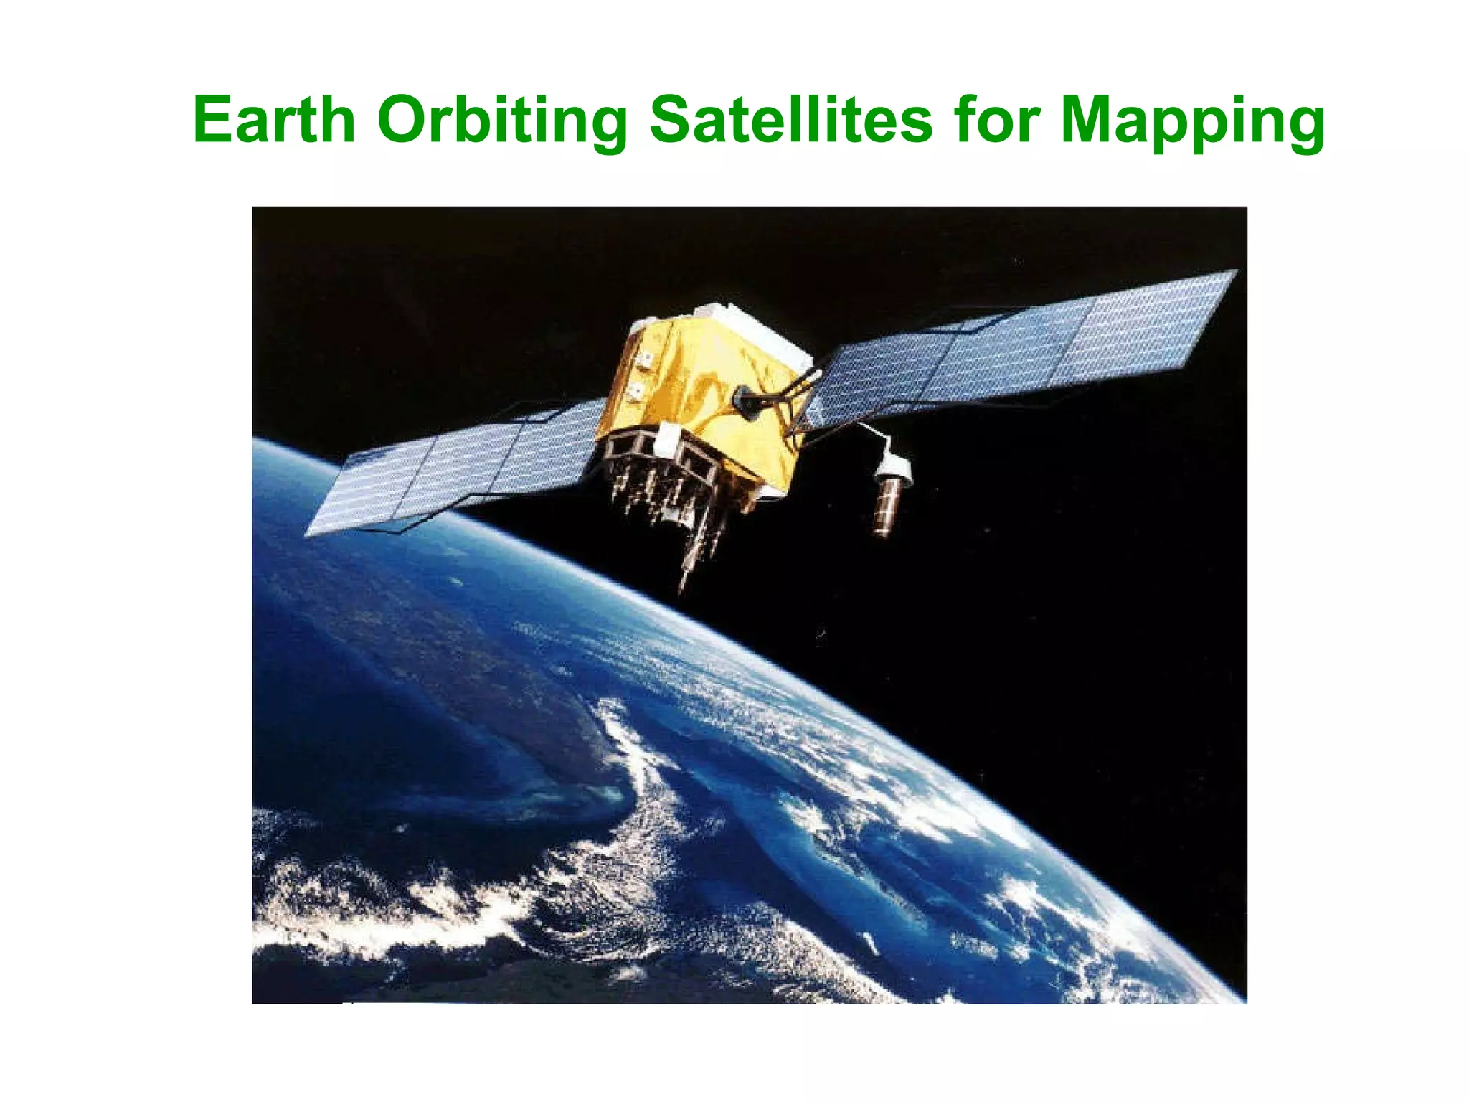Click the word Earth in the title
pyautogui.click(x=274, y=120)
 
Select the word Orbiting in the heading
pyautogui.click(x=502, y=120)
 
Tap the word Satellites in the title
pyautogui.click(x=790, y=120)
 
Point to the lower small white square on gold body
pyautogui.click(x=636, y=392)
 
